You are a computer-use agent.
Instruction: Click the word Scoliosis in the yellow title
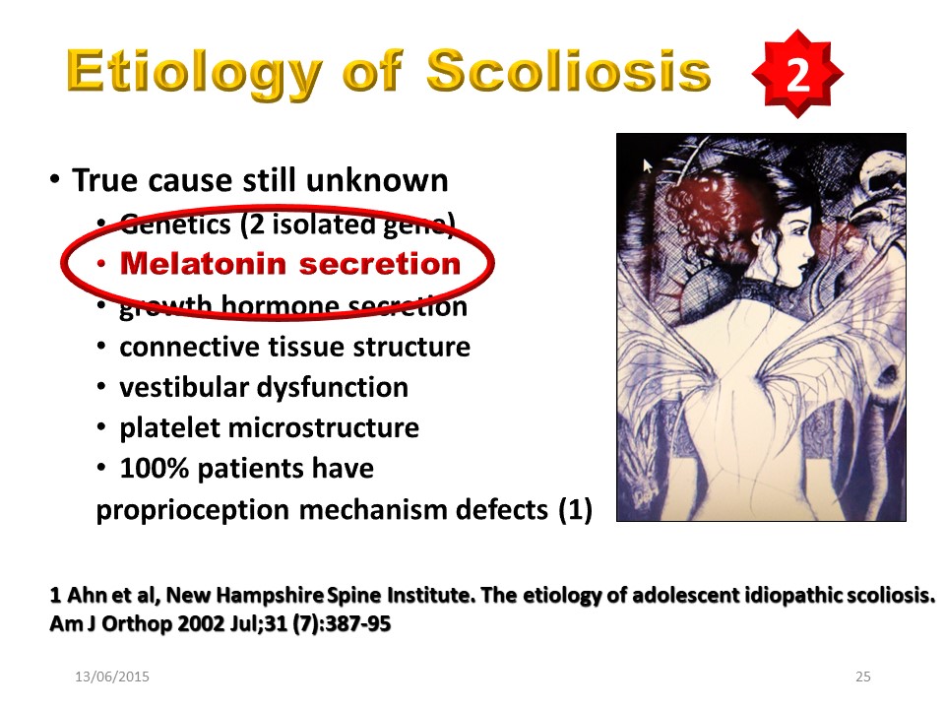[569, 70]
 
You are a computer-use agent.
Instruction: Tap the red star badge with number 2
[797, 74]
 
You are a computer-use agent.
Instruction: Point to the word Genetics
[175, 225]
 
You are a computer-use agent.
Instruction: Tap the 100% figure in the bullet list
[155, 468]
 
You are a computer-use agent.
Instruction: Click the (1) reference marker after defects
[576, 509]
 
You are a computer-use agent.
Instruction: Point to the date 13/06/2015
[112, 677]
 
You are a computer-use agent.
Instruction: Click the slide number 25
[863, 677]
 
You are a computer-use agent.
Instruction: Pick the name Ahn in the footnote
[80, 595]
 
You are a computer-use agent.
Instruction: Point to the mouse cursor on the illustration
[648, 165]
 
